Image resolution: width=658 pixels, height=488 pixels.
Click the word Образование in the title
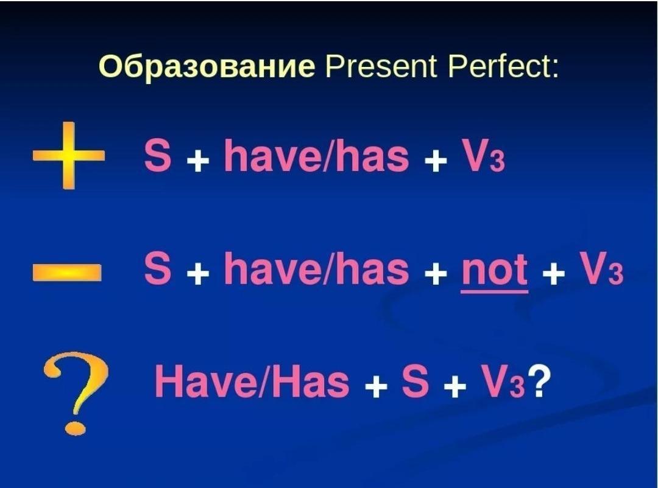tap(207, 67)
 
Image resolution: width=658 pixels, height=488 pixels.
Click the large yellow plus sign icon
tap(68, 156)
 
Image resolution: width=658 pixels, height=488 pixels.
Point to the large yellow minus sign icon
tap(67, 272)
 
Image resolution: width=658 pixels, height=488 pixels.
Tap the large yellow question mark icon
tap(76, 392)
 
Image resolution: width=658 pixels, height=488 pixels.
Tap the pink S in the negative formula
tap(157, 268)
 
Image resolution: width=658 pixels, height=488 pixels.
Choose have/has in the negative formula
tap(316, 268)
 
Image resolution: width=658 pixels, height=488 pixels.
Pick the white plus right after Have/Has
tap(376, 386)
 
